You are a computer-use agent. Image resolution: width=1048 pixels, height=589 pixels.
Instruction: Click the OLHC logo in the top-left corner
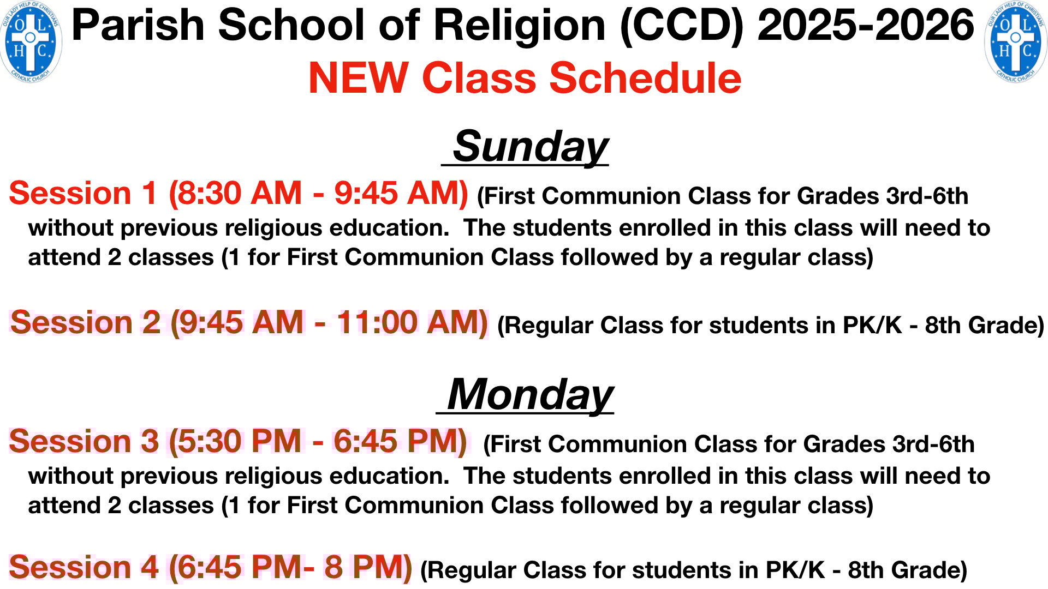[x=31, y=43]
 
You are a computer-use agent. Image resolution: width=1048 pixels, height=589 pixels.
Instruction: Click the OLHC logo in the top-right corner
[x=1016, y=43]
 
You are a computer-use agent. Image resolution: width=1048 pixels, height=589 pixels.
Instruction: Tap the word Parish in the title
[x=138, y=26]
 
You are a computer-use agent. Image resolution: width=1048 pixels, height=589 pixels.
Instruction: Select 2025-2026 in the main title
[x=866, y=26]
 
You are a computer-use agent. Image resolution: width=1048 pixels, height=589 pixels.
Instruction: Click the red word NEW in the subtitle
[x=359, y=78]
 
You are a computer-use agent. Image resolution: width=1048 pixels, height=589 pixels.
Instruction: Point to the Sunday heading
[x=530, y=146]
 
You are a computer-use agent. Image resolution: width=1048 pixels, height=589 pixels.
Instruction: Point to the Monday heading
[x=530, y=394]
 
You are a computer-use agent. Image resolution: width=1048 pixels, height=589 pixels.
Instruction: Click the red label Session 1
[x=84, y=194]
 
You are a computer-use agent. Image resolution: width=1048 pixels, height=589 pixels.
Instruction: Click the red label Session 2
[x=85, y=322]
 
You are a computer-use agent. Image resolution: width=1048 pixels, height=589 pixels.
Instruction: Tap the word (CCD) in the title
[x=682, y=26]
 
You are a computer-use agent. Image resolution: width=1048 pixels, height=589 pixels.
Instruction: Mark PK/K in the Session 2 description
[x=872, y=326]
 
